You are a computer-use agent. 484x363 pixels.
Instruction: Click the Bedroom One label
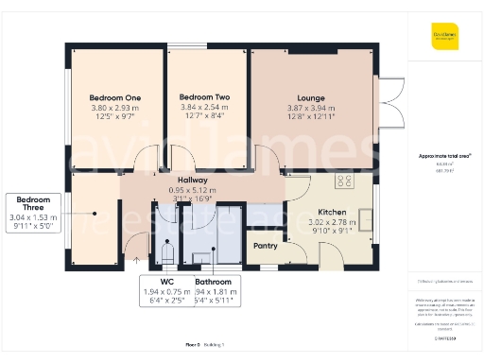[x=114, y=97]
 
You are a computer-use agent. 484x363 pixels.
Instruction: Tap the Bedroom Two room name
[x=204, y=97]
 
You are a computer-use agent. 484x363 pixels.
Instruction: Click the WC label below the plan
[x=166, y=282]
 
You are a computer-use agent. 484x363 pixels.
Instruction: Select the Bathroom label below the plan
[x=213, y=282]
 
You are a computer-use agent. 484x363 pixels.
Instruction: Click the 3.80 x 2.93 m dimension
[x=114, y=108]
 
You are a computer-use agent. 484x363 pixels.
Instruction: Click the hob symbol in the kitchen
[x=343, y=181]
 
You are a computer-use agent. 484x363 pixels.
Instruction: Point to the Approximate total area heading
[x=444, y=155]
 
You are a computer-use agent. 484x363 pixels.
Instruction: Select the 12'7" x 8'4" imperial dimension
[x=204, y=117]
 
